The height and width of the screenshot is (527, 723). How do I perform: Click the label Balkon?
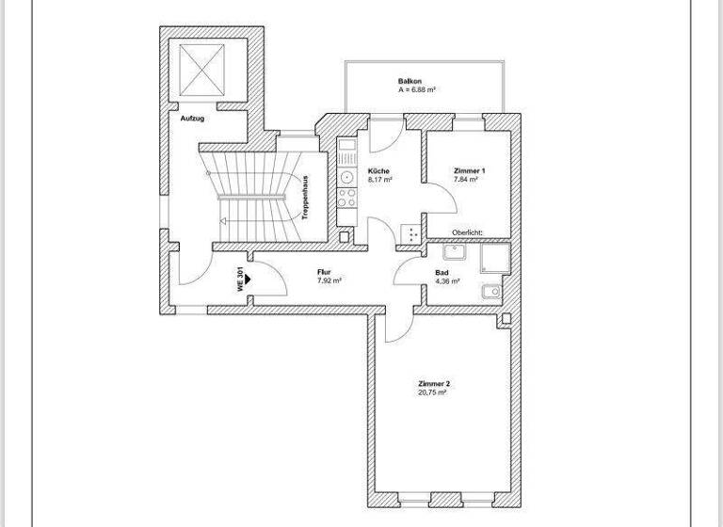tap(409, 82)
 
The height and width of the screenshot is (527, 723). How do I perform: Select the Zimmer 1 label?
tap(468, 170)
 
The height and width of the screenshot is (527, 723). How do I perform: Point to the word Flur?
tap(324, 272)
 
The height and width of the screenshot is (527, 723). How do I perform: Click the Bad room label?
tap(442, 273)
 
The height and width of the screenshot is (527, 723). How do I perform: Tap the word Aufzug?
tap(193, 120)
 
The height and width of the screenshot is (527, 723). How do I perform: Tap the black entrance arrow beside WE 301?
tap(250, 279)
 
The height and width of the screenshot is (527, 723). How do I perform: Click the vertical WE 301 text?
tap(241, 279)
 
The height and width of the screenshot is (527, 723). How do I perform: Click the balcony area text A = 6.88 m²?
tap(414, 90)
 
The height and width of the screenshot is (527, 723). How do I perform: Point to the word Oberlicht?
tap(467, 230)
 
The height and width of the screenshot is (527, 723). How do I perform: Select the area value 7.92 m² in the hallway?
tap(329, 280)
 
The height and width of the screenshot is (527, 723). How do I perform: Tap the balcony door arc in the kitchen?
tap(381, 137)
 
